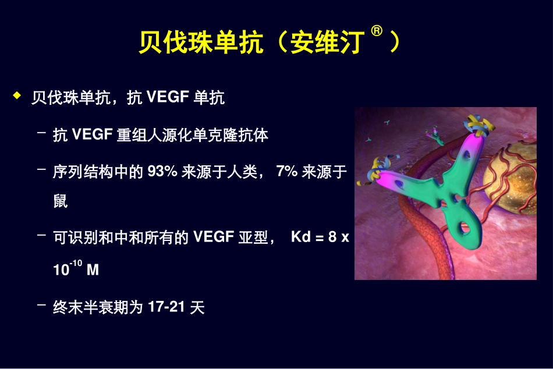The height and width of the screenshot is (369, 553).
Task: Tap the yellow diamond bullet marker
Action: [x=17, y=95]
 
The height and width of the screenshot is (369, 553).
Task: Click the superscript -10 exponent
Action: [x=76, y=265]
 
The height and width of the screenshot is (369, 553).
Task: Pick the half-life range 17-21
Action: [x=166, y=307]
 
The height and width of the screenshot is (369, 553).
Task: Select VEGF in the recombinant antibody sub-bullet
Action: [x=92, y=135]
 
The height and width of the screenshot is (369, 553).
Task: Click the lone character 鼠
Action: [x=60, y=201]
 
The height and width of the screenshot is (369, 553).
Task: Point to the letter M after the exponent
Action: [x=93, y=270]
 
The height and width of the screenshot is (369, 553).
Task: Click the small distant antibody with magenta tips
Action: [x=433, y=135]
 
